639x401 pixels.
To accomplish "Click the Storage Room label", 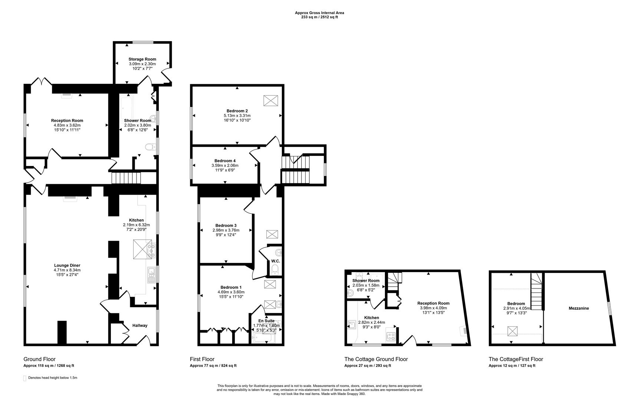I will coord(142,59).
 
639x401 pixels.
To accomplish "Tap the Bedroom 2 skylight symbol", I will coord(270,101).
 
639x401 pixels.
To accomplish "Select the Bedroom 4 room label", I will coord(225,161).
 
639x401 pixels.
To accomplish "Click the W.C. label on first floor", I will coord(275,261).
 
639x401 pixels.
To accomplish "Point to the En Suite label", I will coord(266,321).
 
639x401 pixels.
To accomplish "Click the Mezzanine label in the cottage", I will coord(579,308).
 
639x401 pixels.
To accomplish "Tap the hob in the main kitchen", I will coord(151,251).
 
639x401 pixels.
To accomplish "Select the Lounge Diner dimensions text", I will coord(67,272).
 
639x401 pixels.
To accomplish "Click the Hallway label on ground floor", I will coord(140,326).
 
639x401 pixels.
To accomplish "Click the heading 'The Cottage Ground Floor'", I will coord(376,359).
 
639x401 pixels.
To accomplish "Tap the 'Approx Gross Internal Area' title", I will coord(319,13).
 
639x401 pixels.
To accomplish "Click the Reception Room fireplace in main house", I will coord(67,94).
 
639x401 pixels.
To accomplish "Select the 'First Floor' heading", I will coord(202,359).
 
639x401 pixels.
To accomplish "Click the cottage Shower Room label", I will coord(366,281).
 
